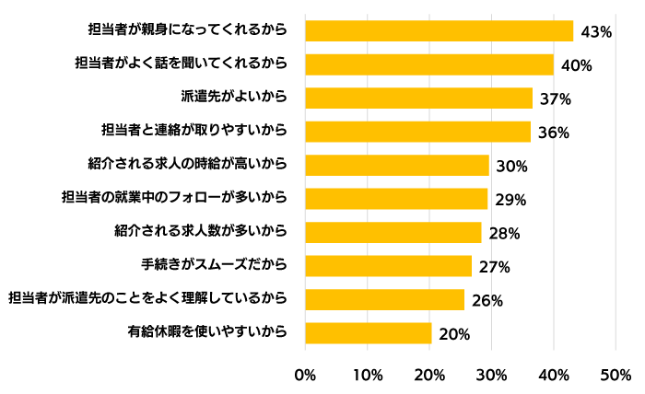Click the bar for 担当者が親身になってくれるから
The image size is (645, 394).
point(439,30)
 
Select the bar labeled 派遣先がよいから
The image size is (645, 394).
point(418,98)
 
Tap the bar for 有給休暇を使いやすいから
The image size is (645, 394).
point(368,332)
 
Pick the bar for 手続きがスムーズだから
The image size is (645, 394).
point(388,265)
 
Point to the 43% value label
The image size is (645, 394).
point(597,32)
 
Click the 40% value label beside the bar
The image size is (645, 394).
point(576,65)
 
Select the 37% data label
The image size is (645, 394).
point(557,98)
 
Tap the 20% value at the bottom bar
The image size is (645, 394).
point(454,334)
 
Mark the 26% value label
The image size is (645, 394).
point(487,300)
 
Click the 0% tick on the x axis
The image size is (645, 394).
point(304,376)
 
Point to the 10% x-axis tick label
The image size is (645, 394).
point(368,376)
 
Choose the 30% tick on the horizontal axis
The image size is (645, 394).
point(492,376)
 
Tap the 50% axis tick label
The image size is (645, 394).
point(616,376)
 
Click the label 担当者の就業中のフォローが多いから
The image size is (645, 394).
point(174,198)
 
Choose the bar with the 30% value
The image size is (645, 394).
point(396,165)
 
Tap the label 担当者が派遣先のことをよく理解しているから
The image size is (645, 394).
point(147,299)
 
